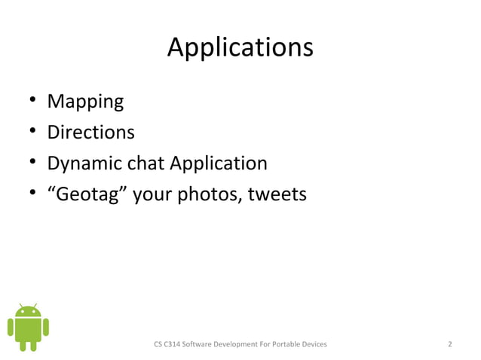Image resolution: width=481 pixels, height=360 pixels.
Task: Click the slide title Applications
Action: [x=240, y=48]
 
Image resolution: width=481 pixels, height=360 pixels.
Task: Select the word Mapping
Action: [x=85, y=101]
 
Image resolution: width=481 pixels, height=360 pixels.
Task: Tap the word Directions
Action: [x=90, y=133]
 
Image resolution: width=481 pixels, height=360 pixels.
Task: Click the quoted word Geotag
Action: [x=90, y=195]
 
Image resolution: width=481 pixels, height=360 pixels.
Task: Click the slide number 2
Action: [x=449, y=344]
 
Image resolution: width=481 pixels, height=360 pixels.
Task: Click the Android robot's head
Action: [x=28, y=311]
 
